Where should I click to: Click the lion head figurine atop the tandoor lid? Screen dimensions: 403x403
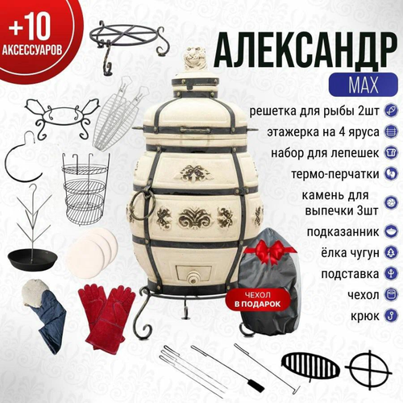pos(194,60)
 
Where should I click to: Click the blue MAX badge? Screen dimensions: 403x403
pos(363,85)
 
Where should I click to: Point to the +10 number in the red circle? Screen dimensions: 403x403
pos(30,28)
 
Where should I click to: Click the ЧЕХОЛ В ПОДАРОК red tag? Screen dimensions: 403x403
pos(258,300)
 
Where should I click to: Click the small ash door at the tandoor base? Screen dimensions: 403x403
pos(193,274)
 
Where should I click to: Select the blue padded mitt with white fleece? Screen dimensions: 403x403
pos(44,312)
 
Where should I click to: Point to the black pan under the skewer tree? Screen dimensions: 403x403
pos(33,259)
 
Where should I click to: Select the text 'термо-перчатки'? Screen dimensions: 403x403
pos(335,174)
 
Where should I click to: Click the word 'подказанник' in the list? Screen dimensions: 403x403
pos(343,231)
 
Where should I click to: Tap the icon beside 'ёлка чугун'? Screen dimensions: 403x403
pos(391,253)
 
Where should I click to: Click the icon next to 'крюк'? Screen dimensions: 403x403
pos(391,316)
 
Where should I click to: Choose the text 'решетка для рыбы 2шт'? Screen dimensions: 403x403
pos(314,110)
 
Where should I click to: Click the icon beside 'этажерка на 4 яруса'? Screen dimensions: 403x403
pos(391,131)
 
